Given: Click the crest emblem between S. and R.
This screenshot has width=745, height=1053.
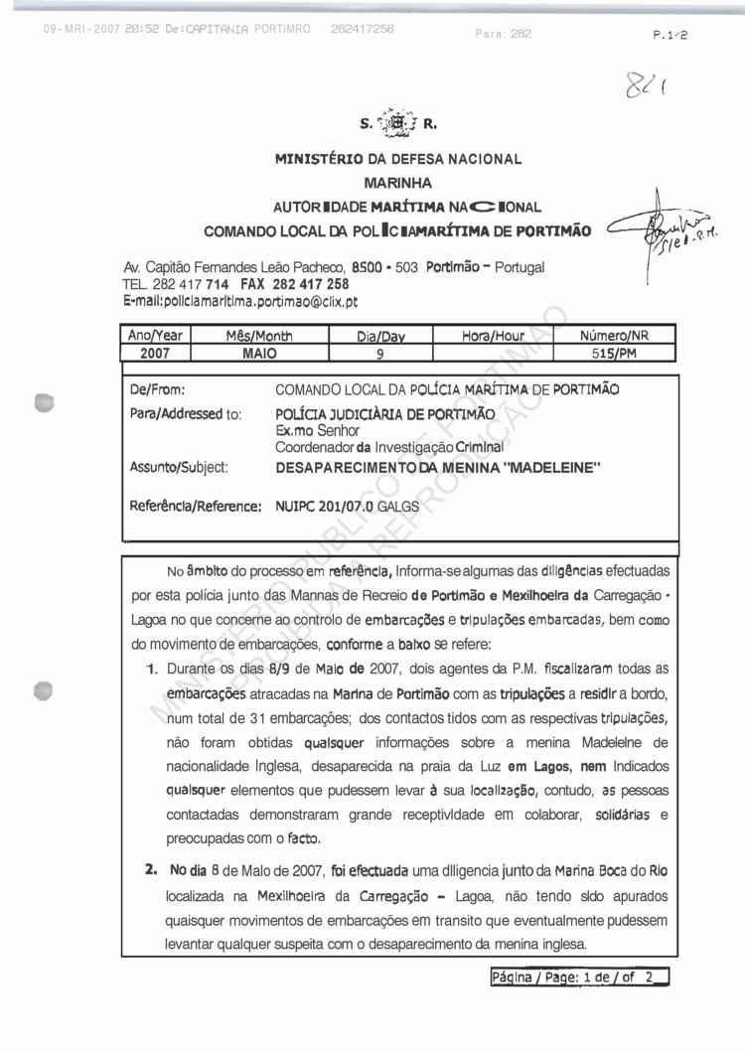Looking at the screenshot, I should click(x=401, y=125).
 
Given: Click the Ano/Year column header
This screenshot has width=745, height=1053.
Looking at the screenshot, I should click(x=154, y=336).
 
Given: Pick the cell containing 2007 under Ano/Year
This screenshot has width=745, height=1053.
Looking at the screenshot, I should click(x=154, y=353).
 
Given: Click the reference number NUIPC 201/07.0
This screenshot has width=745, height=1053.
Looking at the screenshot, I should click(x=330, y=506).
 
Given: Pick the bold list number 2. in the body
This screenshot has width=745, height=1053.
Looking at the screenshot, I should click(x=151, y=869).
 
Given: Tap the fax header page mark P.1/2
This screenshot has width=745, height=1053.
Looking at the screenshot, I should click(x=671, y=34).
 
